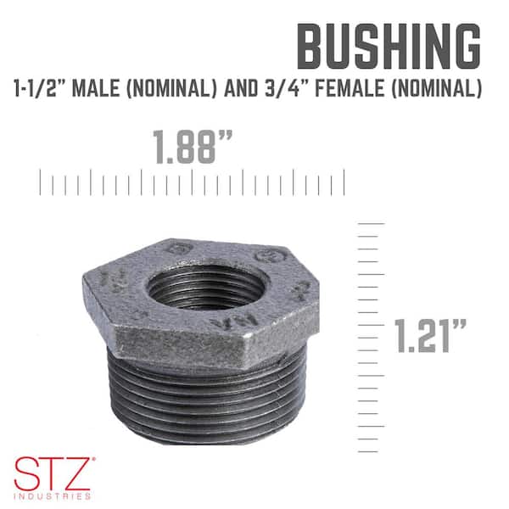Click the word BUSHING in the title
pos(389,46)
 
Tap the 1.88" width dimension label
pos(193,147)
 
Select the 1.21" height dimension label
pos(430,336)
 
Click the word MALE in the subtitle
pos(95,88)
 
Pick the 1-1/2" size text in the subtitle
pos(39,88)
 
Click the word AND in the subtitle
pos(241,88)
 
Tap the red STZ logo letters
pos(53,473)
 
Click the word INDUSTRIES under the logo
pos(53,496)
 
